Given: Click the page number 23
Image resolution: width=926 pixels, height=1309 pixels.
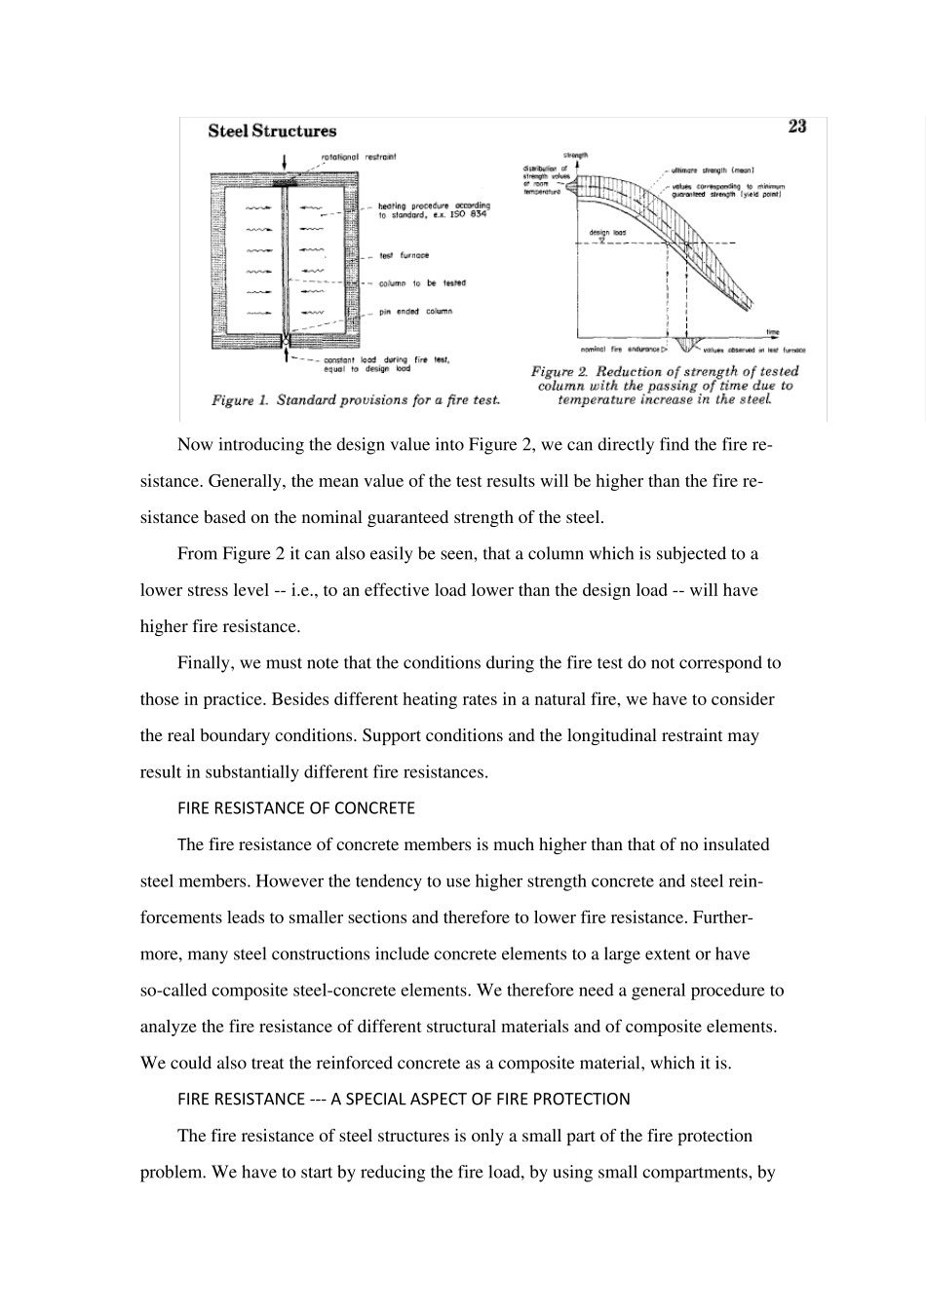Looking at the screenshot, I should click(796, 127).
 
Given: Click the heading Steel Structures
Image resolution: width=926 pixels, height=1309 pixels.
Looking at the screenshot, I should click(272, 131).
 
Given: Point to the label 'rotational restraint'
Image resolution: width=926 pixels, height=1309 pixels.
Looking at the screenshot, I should click(359, 156).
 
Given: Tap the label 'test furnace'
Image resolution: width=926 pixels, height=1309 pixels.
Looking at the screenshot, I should click(404, 255).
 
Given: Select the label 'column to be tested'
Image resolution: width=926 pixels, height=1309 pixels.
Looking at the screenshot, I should click(422, 283).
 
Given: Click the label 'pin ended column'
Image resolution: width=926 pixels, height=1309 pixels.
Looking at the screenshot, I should click(415, 312).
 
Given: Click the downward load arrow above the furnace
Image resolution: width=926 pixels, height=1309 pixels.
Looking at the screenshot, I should click(284, 163).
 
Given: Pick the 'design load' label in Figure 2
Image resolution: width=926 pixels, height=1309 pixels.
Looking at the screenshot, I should click(606, 234).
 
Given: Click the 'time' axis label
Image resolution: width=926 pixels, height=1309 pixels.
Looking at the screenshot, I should click(772, 332).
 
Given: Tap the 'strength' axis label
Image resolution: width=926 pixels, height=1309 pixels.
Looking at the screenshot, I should click(576, 155).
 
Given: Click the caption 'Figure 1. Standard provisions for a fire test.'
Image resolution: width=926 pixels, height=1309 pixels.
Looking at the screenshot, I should click(356, 400).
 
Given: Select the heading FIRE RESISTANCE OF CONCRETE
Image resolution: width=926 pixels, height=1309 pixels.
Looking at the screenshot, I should click(296, 808).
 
